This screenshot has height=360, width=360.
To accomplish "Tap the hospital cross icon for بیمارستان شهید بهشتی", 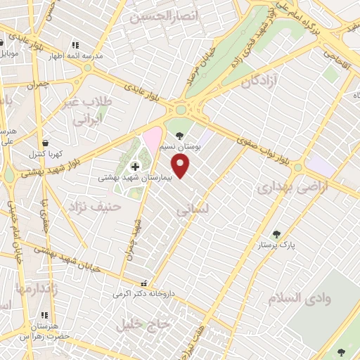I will (134, 166).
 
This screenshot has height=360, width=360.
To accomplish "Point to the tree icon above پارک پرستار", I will (276, 234).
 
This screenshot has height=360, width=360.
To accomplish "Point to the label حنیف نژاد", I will (96, 207).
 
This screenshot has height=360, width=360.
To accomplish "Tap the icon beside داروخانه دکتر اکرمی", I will (145, 283).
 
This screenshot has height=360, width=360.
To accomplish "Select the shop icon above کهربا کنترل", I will (46, 143).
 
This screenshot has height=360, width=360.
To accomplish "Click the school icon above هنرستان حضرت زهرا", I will (45, 316).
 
